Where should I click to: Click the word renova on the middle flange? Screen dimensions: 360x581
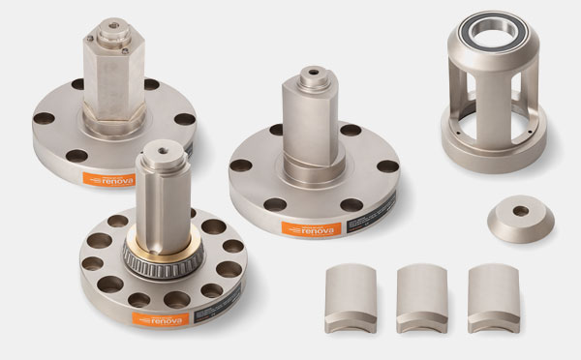point(320,227)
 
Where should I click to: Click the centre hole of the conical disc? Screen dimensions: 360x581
point(521,210)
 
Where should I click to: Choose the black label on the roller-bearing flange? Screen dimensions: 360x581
point(210,311)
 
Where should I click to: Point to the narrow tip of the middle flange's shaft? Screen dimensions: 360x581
point(313,75)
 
